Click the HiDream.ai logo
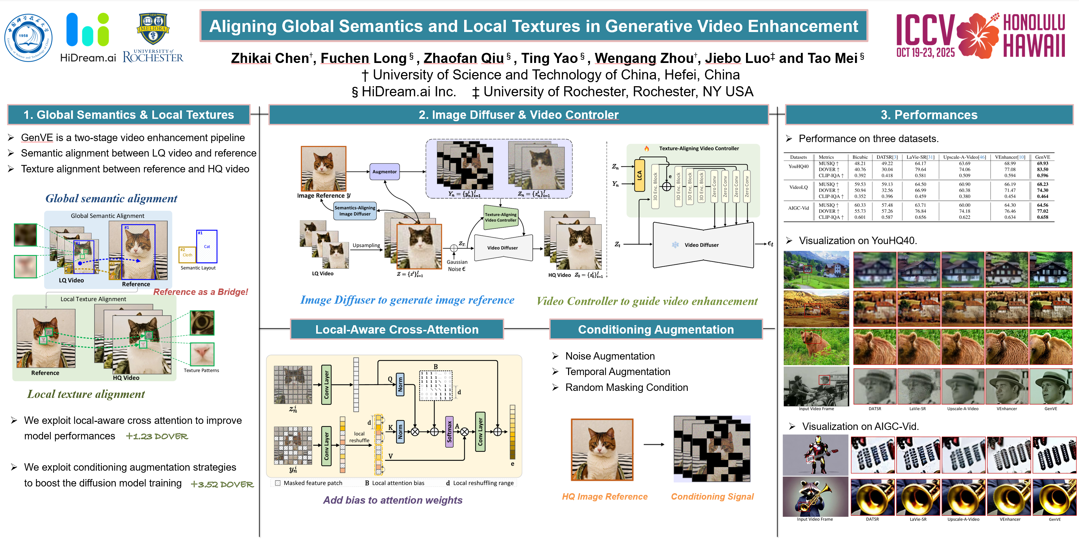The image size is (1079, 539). click(x=88, y=37)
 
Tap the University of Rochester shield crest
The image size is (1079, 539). click(x=153, y=29)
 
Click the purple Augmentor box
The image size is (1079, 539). click(x=384, y=172)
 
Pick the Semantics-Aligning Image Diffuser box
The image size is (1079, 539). click(x=355, y=211)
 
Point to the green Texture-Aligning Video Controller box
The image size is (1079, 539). click(x=500, y=217)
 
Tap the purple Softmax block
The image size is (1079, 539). click(x=449, y=432)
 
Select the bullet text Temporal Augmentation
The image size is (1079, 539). click(x=618, y=372)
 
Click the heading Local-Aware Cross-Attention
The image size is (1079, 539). click(x=397, y=330)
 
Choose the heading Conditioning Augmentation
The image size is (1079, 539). click(x=656, y=330)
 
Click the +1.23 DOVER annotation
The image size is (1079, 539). click(x=157, y=436)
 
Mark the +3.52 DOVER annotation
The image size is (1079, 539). click(x=222, y=484)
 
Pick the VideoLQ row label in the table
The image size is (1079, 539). click(x=798, y=187)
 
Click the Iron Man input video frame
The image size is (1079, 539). click(x=815, y=455)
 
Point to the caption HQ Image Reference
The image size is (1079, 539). click(x=604, y=497)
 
